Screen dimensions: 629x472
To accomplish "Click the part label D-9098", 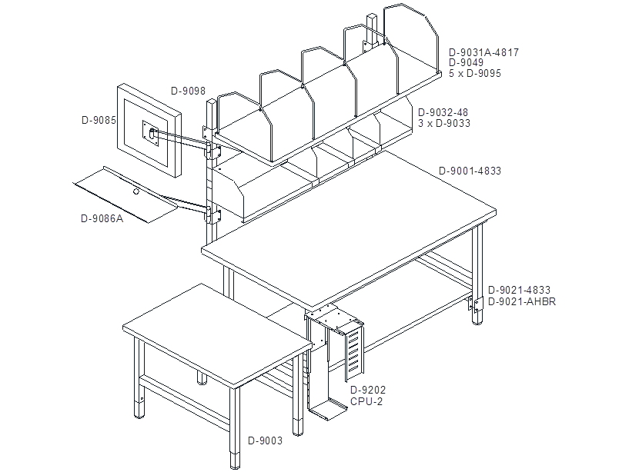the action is (188, 91).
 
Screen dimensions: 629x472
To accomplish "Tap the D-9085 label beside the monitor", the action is (99, 120).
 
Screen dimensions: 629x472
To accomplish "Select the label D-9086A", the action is (102, 219).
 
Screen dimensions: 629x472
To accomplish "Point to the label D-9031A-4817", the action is (483, 52).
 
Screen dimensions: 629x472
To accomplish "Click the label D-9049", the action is (466, 62).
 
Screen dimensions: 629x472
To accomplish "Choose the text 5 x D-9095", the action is (475, 73).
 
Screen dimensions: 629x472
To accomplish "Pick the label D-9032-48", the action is (443, 112).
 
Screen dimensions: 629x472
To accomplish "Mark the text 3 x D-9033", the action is (444, 124).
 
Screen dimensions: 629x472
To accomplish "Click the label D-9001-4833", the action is (470, 171).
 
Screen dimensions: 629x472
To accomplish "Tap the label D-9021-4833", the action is (519, 290).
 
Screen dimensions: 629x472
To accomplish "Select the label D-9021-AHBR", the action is (522, 301).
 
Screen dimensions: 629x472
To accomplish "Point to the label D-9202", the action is (368, 390).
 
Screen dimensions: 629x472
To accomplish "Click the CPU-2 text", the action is (366, 401).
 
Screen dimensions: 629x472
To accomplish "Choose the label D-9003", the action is (265, 440).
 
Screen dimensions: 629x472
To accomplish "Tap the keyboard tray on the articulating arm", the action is (127, 194).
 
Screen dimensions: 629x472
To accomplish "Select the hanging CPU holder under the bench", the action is (334, 361).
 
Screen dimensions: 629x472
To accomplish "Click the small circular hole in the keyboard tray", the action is (136, 191).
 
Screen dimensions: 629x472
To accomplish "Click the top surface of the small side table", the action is (217, 335).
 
